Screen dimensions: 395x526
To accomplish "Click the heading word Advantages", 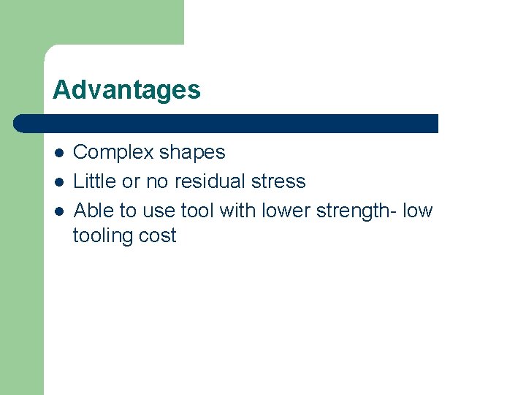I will [126, 90].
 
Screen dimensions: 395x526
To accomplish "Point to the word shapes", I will [192, 153].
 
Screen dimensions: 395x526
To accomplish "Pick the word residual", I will [217, 181].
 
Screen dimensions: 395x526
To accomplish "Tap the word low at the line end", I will [417, 211].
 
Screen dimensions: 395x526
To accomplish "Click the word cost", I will [158, 236].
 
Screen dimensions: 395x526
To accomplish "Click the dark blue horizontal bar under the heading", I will [226, 123].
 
